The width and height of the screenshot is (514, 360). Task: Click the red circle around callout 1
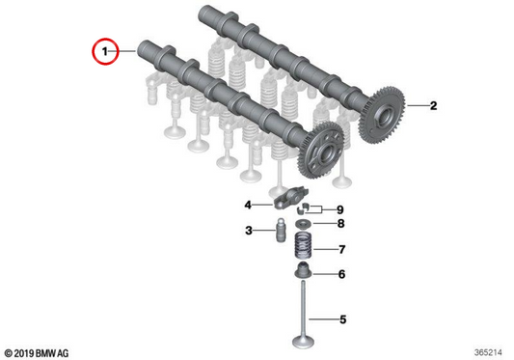tap(93, 51)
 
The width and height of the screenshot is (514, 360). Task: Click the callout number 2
tap(433, 105)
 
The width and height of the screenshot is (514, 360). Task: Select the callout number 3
tap(249, 231)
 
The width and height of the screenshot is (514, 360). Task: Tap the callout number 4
tap(248, 206)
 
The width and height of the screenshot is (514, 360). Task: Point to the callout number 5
tap(343, 319)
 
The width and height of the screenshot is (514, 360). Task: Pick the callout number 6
tap(342, 274)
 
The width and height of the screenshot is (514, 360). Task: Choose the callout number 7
tap(342, 250)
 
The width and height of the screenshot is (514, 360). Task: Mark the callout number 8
tap(341, 224)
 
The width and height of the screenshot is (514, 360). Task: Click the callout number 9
tap(340, 209)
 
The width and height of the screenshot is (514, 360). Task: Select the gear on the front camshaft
tap(320, 151)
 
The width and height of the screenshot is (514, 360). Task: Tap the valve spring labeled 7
tap(302, 245)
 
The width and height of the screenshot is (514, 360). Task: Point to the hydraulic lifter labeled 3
tap(281, 231)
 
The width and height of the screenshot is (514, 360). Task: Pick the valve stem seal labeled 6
tap(304, 270)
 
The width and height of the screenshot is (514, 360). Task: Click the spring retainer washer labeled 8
tap(304, 224)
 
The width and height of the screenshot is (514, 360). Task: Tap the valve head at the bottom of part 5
tap(303, 342)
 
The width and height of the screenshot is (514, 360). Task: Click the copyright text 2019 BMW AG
tap(37, 353)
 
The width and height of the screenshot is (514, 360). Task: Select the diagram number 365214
tap(488, 353)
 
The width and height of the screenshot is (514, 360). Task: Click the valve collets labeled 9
tap(304, 208)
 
